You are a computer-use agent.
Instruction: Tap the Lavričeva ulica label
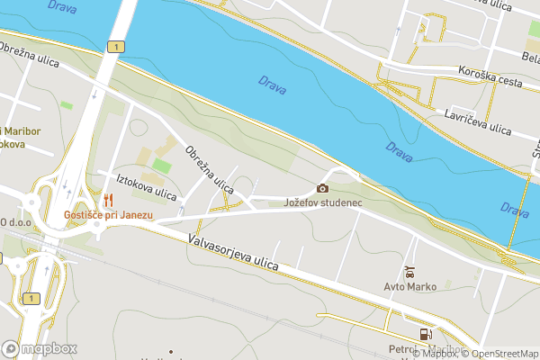coord(477,123)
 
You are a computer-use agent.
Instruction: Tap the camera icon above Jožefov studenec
coord(322,188)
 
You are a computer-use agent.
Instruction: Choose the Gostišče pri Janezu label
coord(108,215)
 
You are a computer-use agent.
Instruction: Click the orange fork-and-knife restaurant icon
coord(109,200)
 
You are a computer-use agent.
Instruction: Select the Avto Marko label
coord(409,287)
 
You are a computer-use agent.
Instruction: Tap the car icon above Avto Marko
coord(409,272)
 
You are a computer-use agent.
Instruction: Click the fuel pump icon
coord(424,334)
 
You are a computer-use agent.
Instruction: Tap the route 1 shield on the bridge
coord(116,45)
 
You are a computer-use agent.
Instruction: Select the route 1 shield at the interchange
coord(32,298)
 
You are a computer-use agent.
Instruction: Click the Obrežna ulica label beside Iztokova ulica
coord(209,170)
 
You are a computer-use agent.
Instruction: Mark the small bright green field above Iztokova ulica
coord(161,166)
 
